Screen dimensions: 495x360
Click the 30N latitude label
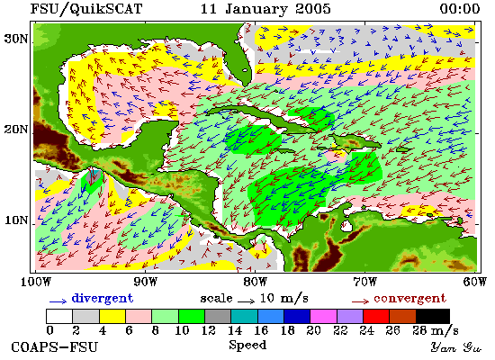[15, 40]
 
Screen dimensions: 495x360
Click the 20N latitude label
[15, 130]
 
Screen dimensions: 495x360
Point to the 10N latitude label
[15, 220]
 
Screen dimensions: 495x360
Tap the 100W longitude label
[36, 282]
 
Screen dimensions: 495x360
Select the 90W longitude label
[145, 282]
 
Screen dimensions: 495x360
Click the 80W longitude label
[255, 282]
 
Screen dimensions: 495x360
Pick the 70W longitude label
[364, 282]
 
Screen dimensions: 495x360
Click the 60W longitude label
[475, 282]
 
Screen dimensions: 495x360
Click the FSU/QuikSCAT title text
[86, 9]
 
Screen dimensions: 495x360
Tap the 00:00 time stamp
[460, 9]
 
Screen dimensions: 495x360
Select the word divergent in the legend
[103, 299]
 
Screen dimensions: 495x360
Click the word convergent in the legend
[409, 299]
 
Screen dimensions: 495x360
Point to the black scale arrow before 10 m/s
[246, 301]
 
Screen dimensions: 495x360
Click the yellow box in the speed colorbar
[112, 317]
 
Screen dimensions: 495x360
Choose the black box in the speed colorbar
[433, 317]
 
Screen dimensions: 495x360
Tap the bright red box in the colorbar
[376, 317]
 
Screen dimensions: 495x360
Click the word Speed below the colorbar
[247, 345]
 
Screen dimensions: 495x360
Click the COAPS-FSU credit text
[54, 347]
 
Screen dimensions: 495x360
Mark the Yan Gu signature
[456, 347]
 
